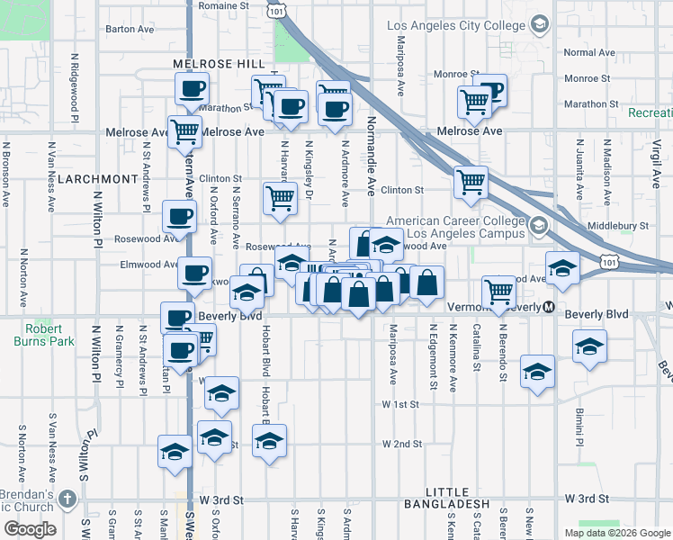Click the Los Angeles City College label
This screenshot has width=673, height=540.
coord(456,24)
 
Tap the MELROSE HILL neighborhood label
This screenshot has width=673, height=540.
coord(220,64)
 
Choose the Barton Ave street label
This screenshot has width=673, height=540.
coord(132,29)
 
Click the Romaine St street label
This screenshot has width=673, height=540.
coord(223,5)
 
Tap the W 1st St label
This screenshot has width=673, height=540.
coord(400,405)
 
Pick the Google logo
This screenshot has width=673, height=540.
coord(30,529)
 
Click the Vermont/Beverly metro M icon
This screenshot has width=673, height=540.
coord(548,307)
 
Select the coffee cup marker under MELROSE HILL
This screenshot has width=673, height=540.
coord(191,89)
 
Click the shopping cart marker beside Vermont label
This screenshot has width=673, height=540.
coord(499,291)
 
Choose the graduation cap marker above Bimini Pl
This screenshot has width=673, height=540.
coord(589,346)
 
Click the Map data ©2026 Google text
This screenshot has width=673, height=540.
coord(616,533)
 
